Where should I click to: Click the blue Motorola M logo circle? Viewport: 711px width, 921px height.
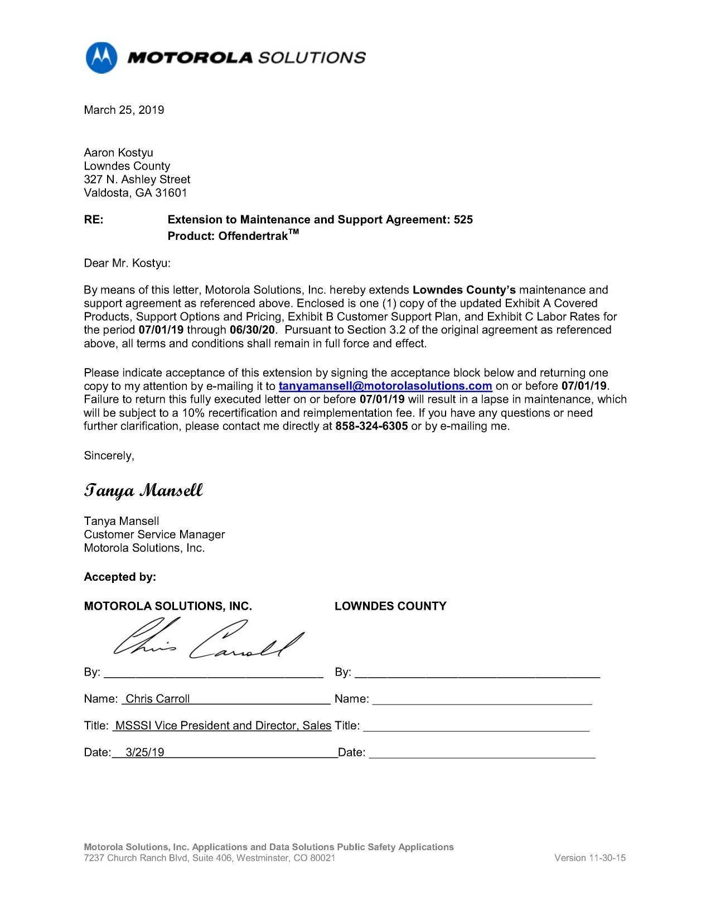point(101,57)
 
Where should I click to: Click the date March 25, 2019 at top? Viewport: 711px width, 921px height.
point(124,110)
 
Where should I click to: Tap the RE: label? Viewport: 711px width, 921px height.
point(94,220)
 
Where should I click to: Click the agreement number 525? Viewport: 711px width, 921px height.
point(463,220)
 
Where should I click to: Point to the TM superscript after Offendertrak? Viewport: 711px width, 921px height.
point(293,232)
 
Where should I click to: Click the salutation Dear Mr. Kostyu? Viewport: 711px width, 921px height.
point(127,263)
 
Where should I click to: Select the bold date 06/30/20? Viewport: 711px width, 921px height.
point(252,330)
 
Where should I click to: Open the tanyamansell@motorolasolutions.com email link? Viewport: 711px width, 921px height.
point(385,386)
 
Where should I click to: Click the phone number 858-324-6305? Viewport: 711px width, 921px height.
point(371,426)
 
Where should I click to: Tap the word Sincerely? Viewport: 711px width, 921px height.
point(109,456)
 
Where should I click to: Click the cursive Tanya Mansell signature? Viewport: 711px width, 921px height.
point(143,491)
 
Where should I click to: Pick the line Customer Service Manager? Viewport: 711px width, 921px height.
point(154,534)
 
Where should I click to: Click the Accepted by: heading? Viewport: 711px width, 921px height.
point(120,577)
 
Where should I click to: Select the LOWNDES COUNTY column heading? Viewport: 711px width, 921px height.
point(390,606)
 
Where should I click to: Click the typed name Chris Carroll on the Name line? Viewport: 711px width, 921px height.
point(158,699)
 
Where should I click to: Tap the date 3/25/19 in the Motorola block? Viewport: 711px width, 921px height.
point(145,753)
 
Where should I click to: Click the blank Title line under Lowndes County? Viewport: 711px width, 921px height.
point(476,727)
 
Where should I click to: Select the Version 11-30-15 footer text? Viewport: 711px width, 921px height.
point(589,858)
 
